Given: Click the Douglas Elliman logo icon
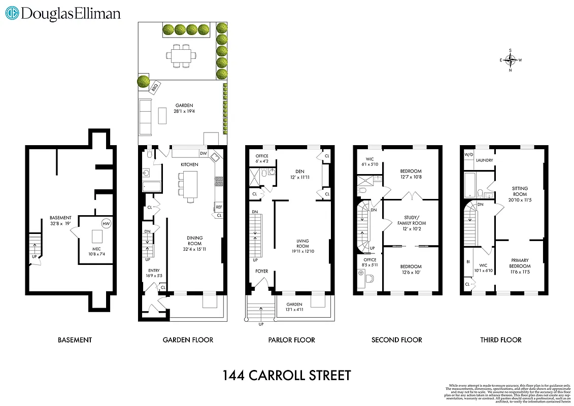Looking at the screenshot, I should coord(12,13).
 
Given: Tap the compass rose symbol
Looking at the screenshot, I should coord(511,60).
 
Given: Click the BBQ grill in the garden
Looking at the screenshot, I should coord(155,87).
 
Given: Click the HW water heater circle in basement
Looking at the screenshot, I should coord(106,224).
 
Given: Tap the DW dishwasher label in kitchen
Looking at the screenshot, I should coord(203,153).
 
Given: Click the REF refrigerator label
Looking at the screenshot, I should coord(218,207).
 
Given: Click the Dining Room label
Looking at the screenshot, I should coord(194,241).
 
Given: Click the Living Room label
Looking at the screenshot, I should coord(303,244).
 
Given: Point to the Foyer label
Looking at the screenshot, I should coord(262,272).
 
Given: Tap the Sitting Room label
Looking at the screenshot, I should coord(520,191).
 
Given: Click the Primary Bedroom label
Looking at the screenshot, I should coord(520,263).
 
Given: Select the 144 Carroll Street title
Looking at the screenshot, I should coord(287,376).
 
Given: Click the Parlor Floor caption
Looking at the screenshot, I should coord(291,340).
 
